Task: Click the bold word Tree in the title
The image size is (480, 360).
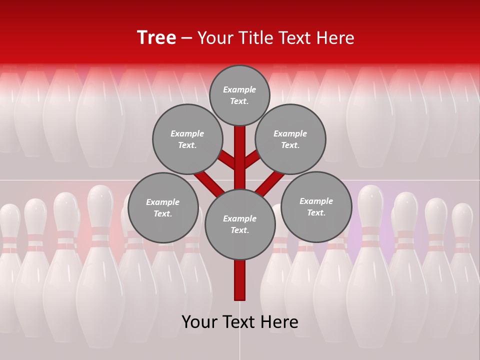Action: point(156,38)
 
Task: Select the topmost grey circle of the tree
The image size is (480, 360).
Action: point(239,95)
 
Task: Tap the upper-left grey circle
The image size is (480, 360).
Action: point(187,139)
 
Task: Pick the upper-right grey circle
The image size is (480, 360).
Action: point(290,139)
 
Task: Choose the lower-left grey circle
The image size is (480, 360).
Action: point(163,207)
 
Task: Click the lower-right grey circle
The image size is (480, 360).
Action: point(316,206)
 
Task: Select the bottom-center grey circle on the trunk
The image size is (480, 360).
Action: point(240,224)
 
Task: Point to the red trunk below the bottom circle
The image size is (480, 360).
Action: point(240,280)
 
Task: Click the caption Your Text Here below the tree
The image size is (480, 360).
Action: point(240,322)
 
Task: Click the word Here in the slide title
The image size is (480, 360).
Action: point(336,38)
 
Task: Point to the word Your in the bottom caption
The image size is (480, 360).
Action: point(198,322)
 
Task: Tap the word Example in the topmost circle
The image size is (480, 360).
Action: point(239,89)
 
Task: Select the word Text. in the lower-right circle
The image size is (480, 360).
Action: point(316,212)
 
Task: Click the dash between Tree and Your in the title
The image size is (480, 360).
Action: point(186,38)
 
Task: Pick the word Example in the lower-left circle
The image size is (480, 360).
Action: point(163,202)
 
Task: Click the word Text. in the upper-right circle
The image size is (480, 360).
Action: point(290,145)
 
